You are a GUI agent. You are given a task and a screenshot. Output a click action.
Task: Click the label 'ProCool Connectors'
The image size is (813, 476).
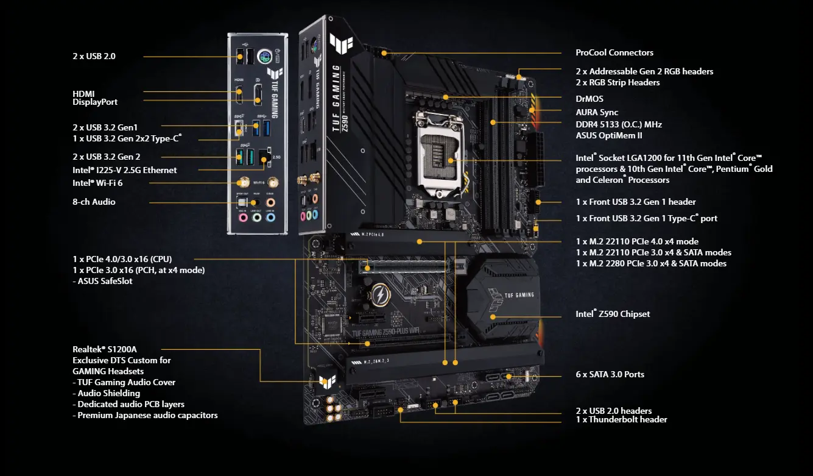pos(614,53)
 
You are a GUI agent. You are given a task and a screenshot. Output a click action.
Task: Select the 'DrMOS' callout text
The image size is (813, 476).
pos(590,99)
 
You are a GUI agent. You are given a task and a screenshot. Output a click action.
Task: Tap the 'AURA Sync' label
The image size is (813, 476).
pos(597,113)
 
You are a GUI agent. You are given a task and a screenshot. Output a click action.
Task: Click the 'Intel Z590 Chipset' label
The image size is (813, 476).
pos(613,314)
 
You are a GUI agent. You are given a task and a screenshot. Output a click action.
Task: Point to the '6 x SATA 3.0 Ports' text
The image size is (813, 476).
pos(610,375)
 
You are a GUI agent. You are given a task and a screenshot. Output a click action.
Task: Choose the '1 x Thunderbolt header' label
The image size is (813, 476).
pos(621,420)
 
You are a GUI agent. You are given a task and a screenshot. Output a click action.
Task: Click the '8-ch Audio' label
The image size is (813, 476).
pos(94,202)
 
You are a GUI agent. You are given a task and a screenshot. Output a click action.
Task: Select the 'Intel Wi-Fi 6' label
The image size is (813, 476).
pos(102,182)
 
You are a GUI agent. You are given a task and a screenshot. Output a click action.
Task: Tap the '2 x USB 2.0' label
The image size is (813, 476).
pos(94,56)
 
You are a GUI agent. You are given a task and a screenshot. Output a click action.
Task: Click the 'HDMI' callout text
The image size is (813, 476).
pos(83,93)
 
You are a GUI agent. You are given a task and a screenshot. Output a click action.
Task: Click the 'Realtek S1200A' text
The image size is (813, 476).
pos(105,349)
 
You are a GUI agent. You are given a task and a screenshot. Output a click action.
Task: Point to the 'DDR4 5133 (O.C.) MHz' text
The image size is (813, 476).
pos(619,124)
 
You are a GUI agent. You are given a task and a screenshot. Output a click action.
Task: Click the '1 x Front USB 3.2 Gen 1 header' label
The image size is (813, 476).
pos(636,202)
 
